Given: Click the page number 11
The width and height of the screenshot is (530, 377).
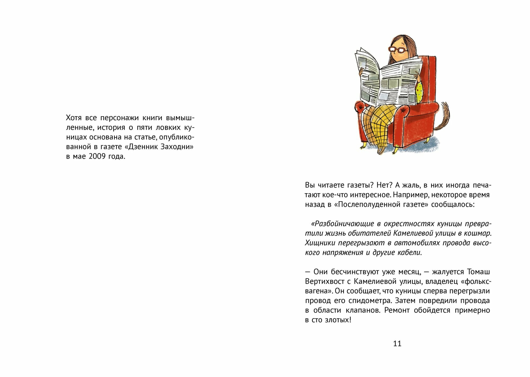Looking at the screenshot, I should (397, 344).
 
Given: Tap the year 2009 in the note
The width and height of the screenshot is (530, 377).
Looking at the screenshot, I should (97, 156).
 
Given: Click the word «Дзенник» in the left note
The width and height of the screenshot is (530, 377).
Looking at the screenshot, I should (143, 147).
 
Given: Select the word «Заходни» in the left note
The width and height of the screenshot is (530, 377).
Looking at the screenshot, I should (177, 147).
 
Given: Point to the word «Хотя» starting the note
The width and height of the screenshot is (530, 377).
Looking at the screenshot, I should (74, 118).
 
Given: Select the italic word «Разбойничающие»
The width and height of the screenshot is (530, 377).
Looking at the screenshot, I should (344, 224).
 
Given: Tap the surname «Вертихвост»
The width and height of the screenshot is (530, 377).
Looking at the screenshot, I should (325, 281).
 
